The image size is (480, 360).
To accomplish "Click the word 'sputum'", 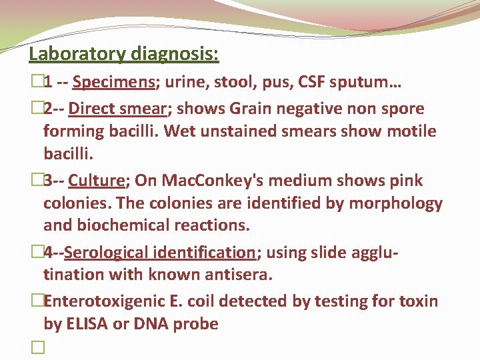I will click(353, 83).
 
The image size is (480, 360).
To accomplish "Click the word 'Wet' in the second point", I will click(180, 131).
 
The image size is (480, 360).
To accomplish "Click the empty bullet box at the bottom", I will click(35, 349).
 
